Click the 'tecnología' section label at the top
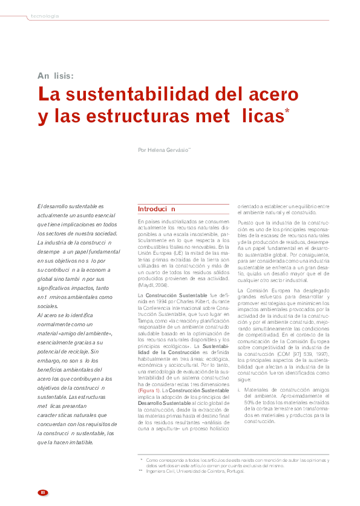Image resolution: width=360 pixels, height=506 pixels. (x=45, y=16)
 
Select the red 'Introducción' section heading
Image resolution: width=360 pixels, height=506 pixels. (x=157, y=209)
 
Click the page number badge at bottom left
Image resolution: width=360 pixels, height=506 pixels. (x=42, y=491)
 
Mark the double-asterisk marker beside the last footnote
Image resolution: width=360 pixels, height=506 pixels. (x=140, y=470)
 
